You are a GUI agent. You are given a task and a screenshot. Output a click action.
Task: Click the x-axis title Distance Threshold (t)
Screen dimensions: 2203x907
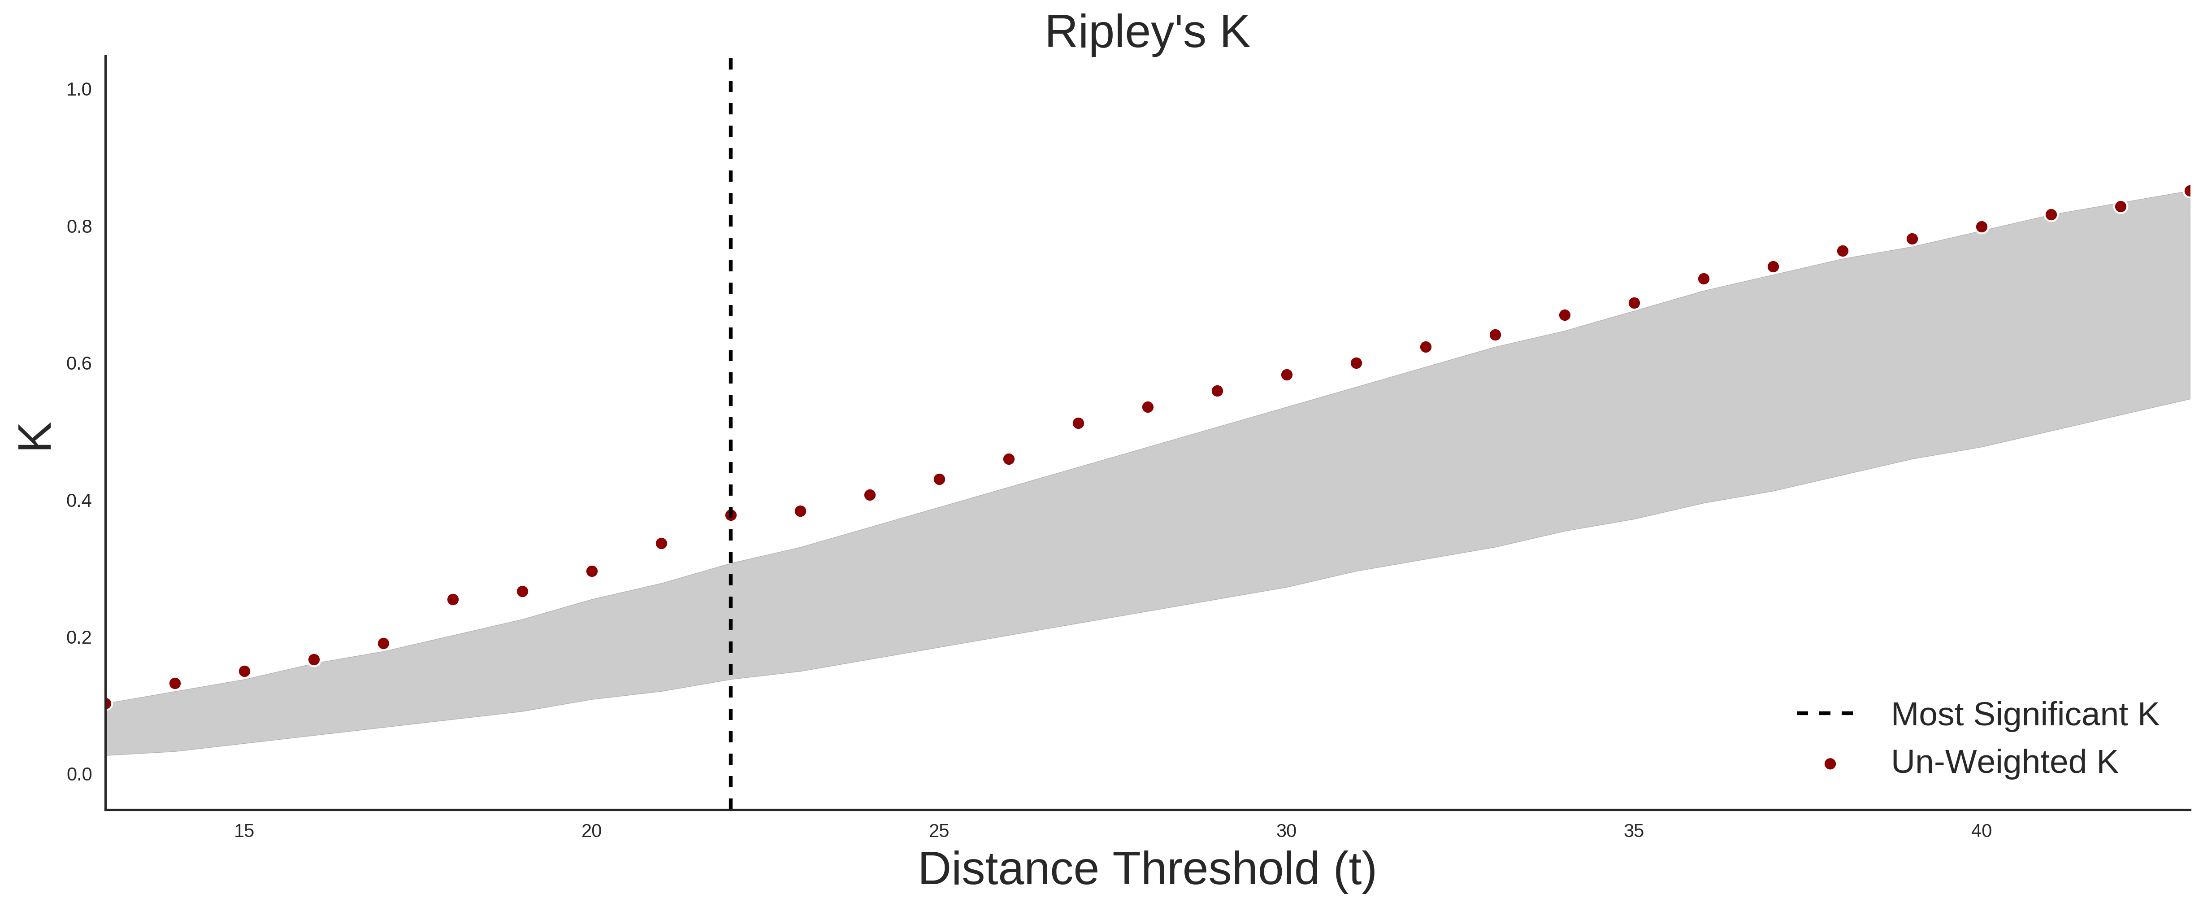click(x=1147, y=869)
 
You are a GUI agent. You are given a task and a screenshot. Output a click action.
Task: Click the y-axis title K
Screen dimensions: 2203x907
click(x=35, y=436)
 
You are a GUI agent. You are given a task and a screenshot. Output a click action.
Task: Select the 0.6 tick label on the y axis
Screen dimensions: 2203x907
click(x=79, y=364)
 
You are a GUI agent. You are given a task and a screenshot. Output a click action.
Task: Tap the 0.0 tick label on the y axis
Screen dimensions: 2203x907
click(x=79, y=774)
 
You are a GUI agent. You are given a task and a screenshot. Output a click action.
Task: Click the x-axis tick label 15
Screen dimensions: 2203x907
click(x=245, y=831)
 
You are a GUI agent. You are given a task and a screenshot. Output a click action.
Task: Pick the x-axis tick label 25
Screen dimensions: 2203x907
click(x=939, y=831)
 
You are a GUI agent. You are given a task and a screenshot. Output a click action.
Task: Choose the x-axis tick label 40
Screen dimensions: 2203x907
click(x=1982, y=831)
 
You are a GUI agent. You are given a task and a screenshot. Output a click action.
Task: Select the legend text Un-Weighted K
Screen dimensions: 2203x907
click(x=2004, y=762)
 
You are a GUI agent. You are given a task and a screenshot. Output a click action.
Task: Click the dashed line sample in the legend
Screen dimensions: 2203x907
click(x=1825, y=713)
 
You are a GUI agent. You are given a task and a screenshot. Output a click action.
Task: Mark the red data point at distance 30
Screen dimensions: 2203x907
click(x=1286, y=375)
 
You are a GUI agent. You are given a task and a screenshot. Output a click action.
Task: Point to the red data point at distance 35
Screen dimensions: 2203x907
click(x=1634, y=303)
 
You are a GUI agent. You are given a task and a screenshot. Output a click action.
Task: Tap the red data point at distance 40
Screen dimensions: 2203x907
click(x=1982, y=227)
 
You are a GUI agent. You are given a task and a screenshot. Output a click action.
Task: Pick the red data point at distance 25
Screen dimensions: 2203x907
click(x=939, y=479)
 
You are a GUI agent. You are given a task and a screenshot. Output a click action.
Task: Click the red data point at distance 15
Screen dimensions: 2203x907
click(x=245, y=672)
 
